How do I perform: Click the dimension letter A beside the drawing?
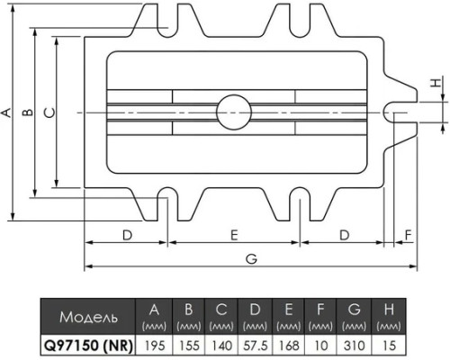pyautogui.click(x=6, y=112)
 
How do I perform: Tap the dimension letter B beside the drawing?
pyautogui.click(x=29, y=112)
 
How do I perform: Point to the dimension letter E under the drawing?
pyautogui.click(x=234, y=235)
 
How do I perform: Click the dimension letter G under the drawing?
pyautogui.click(x=251, y=259)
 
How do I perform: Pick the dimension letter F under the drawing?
pyautogui.click(x=409, y=235)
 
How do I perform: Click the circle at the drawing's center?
pyautogui.click(x=234, y=112)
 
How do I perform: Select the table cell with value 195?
pyautogui.click(x=155, y=346)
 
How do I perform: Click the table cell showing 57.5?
pyautogui.click(x=256, y=346)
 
